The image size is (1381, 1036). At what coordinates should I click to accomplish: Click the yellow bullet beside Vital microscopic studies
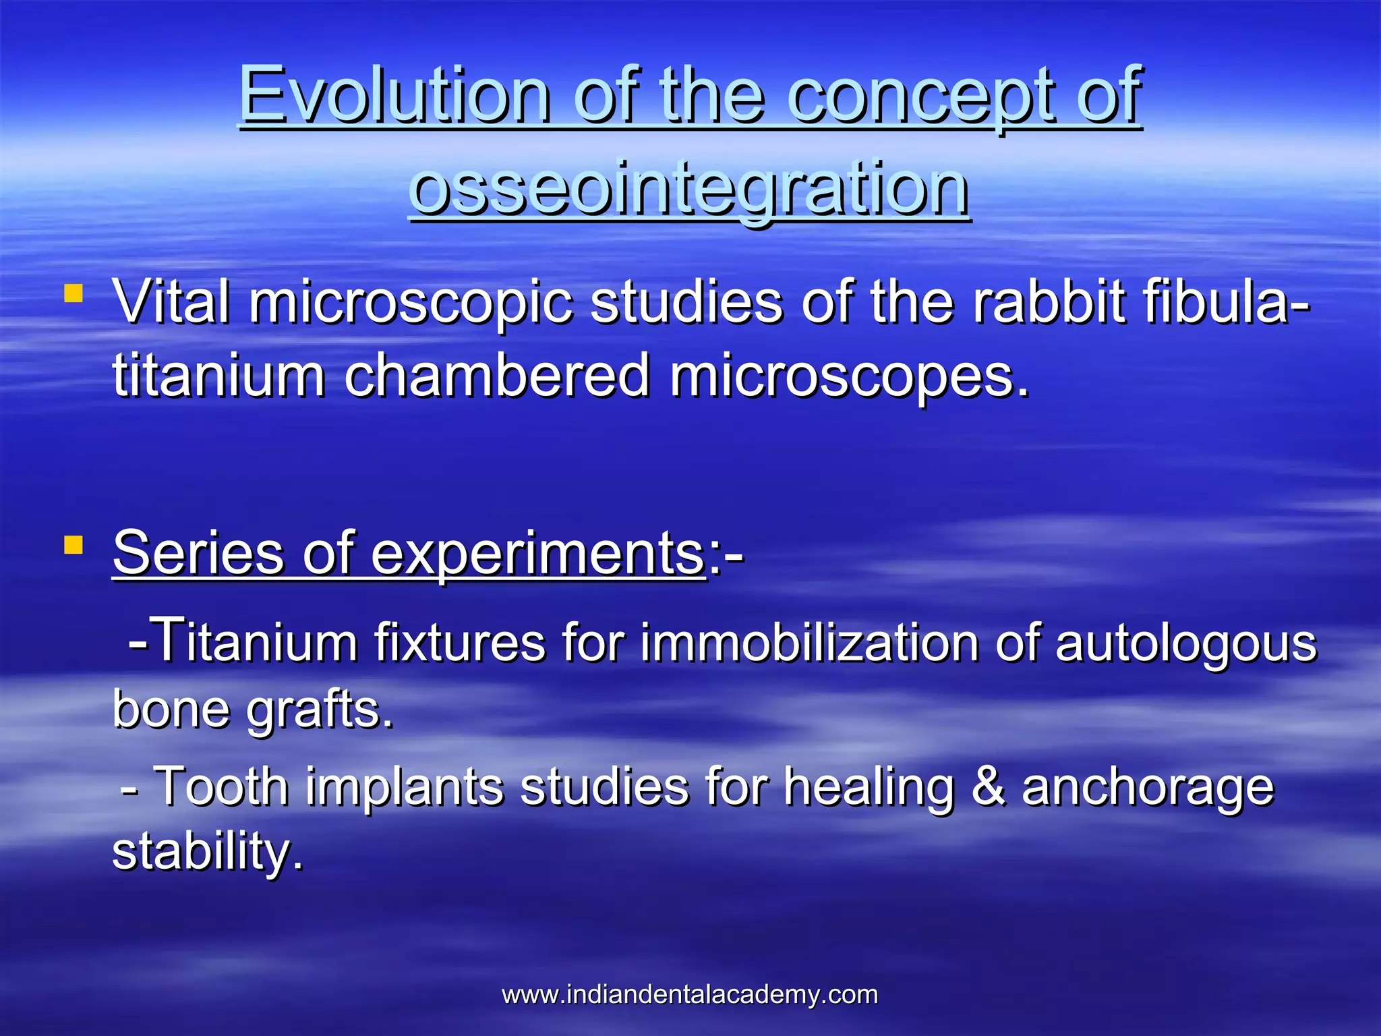73,293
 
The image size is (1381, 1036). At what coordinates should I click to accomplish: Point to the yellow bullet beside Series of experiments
73,544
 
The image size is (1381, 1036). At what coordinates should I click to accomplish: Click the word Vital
172,303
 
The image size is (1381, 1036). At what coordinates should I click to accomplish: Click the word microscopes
849,376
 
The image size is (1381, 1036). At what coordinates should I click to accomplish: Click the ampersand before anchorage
987,786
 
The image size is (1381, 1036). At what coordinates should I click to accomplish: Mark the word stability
208,852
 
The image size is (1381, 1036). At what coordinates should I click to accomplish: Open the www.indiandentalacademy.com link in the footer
689,995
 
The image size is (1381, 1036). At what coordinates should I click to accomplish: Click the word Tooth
222,786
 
